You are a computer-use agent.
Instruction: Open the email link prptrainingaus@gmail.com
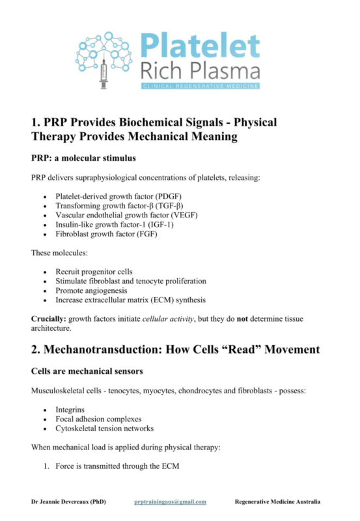point(170,501)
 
